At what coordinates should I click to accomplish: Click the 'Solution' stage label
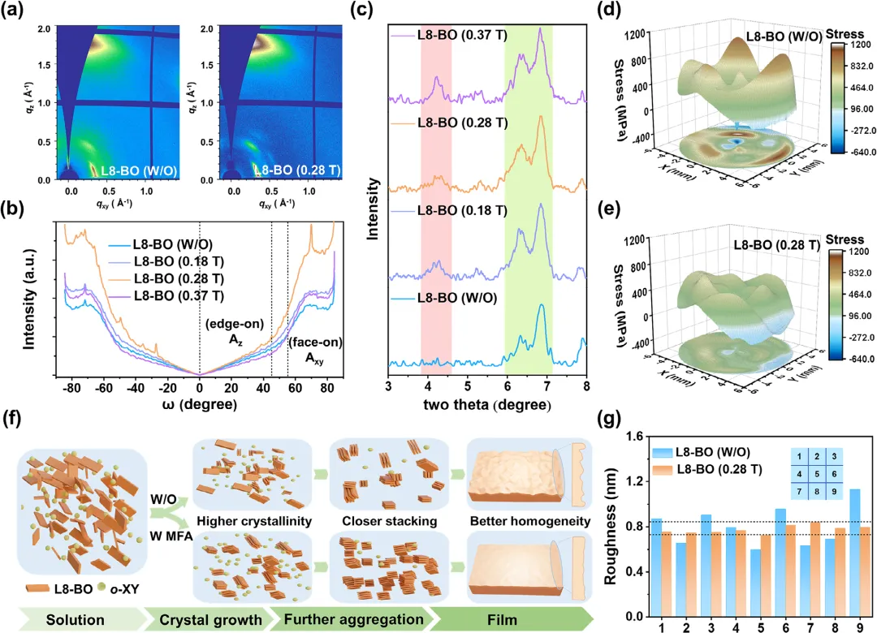75,620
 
